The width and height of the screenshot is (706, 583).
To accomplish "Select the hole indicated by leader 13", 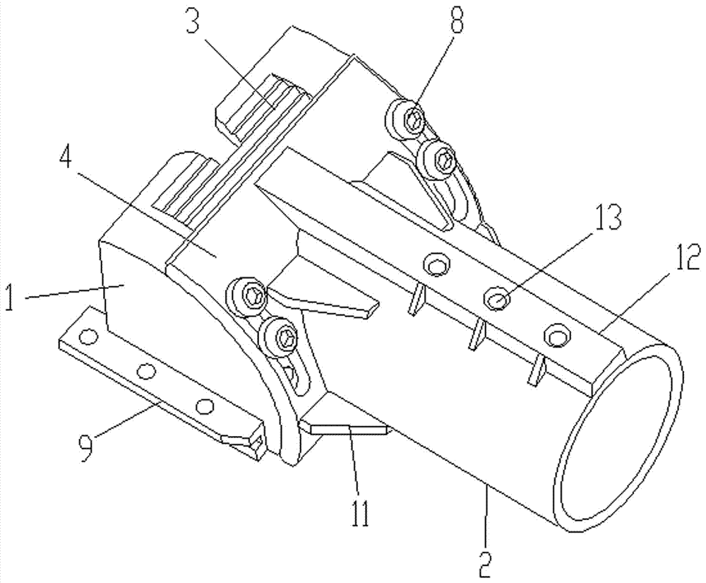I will pos(497,300).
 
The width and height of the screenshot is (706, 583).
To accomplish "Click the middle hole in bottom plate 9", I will pos(146,370).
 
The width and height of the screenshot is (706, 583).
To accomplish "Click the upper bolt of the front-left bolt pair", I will pos(249,295).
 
